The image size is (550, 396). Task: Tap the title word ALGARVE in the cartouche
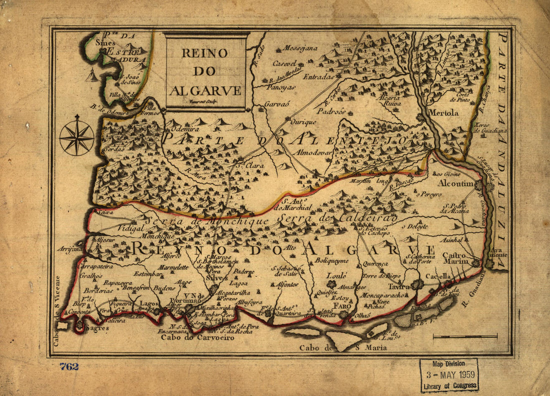coord(205,90)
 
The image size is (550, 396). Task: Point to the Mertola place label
coord(442,113)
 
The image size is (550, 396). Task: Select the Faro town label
coord(342,306)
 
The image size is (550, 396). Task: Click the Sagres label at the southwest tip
coord(96,328)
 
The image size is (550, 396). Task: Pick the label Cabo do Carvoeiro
coord(192,338)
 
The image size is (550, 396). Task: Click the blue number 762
coord(69,367)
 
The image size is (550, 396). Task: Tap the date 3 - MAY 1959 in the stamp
coord(448,375)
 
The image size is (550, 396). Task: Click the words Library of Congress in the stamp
coord(448,386)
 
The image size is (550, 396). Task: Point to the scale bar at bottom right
coord(465,337)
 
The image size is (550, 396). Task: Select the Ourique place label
coord(304,121)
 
